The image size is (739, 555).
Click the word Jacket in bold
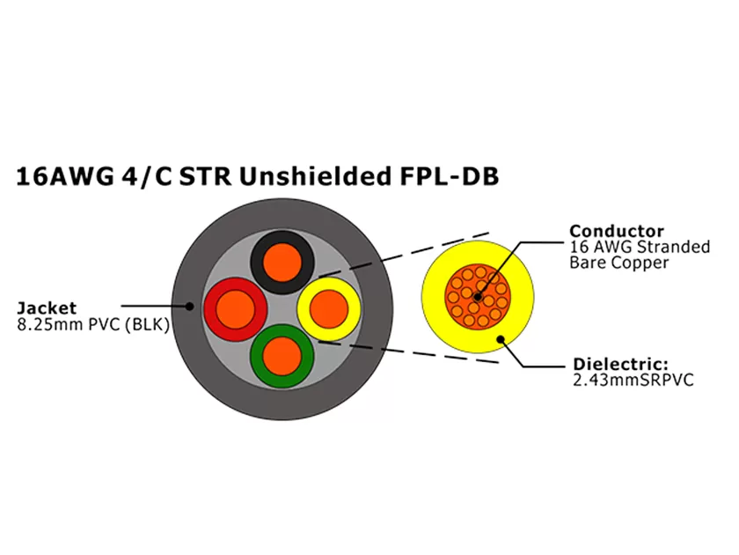coord(47,308)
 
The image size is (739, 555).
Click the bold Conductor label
coord(616,232)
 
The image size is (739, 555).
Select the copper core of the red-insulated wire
coord(238,309)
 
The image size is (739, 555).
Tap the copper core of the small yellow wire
coord(329,308)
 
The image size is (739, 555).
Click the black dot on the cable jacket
coord(189,307)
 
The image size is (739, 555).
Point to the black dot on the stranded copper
coord(477,297)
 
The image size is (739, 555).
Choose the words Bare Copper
coord(619,263)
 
